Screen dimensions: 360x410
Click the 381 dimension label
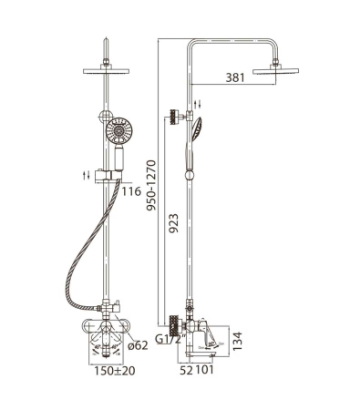(x=235, y=77)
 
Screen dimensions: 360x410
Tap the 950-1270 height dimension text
(x=151, y=185)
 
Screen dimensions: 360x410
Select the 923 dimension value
(x=174, y=223)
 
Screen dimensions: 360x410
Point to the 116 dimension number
(x=131, y=191)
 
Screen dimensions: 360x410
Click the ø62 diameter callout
(x=139, y=345)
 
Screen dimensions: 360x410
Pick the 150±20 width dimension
(x=115, y=371)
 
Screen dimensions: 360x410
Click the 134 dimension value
(x=237, y=341)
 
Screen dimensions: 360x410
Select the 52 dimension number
(x=186, y=370)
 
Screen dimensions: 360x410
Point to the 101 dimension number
(x=204, y=370)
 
